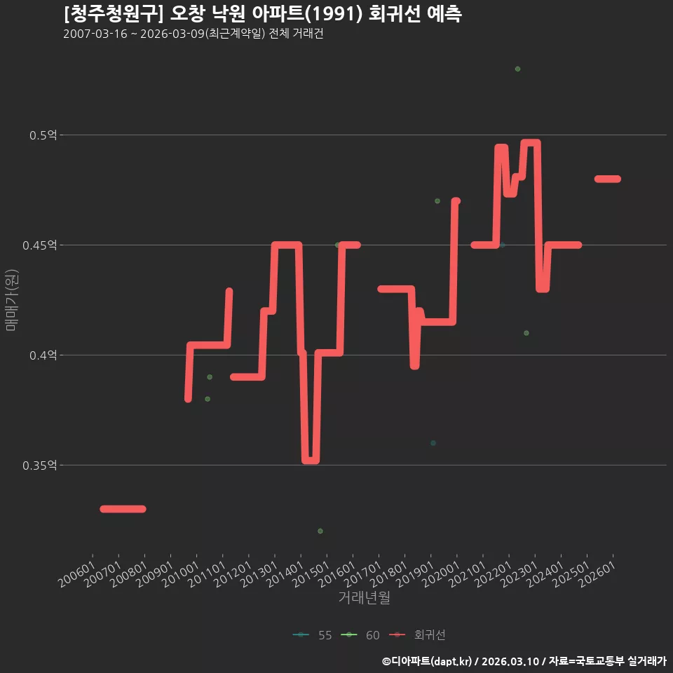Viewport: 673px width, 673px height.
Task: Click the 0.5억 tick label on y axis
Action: click(x=43, y=135)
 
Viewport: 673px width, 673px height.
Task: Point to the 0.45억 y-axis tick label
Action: click(x=40, y=245)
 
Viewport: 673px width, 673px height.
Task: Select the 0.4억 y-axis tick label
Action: click(x=43, y=355)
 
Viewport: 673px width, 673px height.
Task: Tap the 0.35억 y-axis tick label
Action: click(x=40, y=465)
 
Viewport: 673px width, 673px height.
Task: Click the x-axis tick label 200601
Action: click(x=77, y=573)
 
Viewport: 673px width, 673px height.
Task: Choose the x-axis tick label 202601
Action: click(x=597, y=573)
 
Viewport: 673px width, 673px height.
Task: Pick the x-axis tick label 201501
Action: click(x=311, y=573)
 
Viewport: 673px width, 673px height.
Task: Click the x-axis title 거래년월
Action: click(x=364, y=597)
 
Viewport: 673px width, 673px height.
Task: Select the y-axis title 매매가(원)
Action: click(x=12, y=301)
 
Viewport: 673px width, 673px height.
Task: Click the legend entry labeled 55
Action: click(x=313, y=635)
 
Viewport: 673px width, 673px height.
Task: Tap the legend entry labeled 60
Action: click(x=360, y=635)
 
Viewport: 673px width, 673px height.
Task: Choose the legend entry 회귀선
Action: click(x=417, y=635)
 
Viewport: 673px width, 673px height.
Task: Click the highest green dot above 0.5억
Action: click(x=517, y=69)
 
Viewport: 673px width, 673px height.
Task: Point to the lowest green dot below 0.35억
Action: click(x=320, y=531)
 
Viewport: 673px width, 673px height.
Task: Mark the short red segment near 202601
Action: click(x=608, y=179)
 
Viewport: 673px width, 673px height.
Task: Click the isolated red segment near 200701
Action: click(x=123, y=509)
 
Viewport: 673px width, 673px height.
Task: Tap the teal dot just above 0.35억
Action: click(x=433, y=443)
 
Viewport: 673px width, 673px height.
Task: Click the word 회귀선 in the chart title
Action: click(x=395, y=14)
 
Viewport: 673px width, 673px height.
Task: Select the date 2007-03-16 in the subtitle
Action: click(x=95, y=34)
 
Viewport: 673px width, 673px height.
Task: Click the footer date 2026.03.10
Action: click(x=510, y=661)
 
